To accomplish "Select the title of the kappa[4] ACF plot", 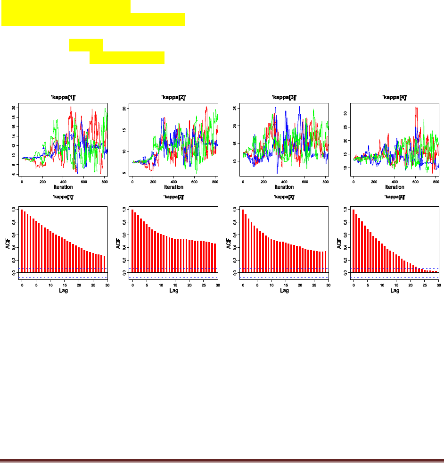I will pyautogui.click(x=395, y=196).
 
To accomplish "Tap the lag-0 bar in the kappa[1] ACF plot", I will pyautogui.click(x=22, y=241).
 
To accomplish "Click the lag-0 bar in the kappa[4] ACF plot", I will pyautogui.click(x=354, y=241).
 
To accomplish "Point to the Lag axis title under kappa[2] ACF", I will pyautogui.click(x=174, y=291).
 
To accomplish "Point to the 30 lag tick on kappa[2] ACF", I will pyautogui.click(x=218, y=285).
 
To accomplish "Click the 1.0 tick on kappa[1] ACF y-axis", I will pyautogui.click(x=13, y=210).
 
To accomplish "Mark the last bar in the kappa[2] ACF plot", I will pyautogui.click(x=215, y=258).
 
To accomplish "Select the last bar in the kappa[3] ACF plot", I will pyautogui.click(x=325, y=261).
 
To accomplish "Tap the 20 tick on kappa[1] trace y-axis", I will pyautogui.click(x=14, y=108).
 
